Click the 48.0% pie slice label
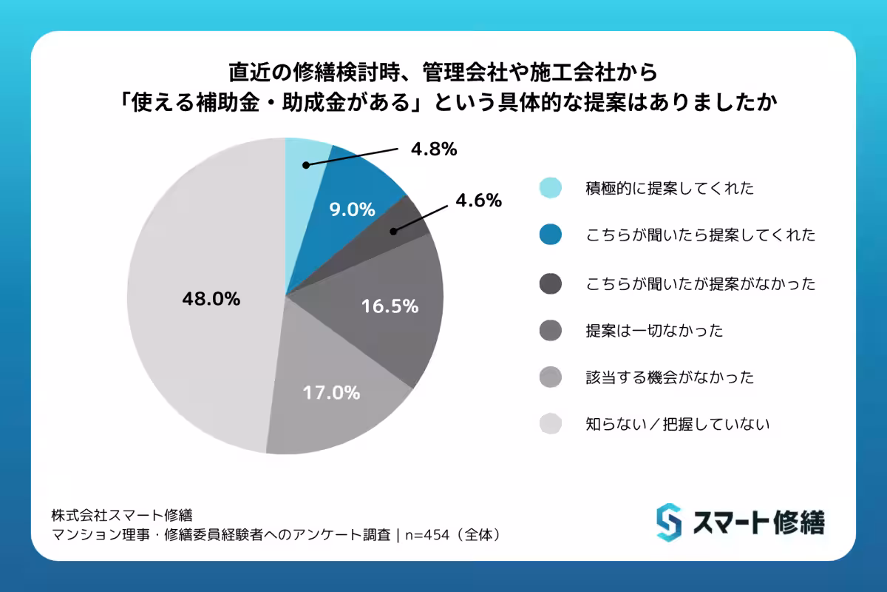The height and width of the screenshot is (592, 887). (211, 299)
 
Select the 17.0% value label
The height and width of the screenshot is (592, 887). (331, 392)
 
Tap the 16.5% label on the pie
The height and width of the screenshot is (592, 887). (390, 306)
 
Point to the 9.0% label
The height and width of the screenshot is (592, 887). (351, 210)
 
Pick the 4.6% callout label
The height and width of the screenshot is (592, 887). (478, 201)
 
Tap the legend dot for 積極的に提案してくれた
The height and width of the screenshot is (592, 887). (551, 189)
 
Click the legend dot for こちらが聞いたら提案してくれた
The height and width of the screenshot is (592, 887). (551, 236)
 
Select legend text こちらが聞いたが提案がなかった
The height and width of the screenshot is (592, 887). (700, 283)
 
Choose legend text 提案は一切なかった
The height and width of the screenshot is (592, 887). (653, 330)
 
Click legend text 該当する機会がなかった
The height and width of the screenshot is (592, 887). (670, 377)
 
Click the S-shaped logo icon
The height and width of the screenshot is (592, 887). (668, 522)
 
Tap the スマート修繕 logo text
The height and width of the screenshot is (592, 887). (758, 522)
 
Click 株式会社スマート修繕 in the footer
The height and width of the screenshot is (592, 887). (122, 514)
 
